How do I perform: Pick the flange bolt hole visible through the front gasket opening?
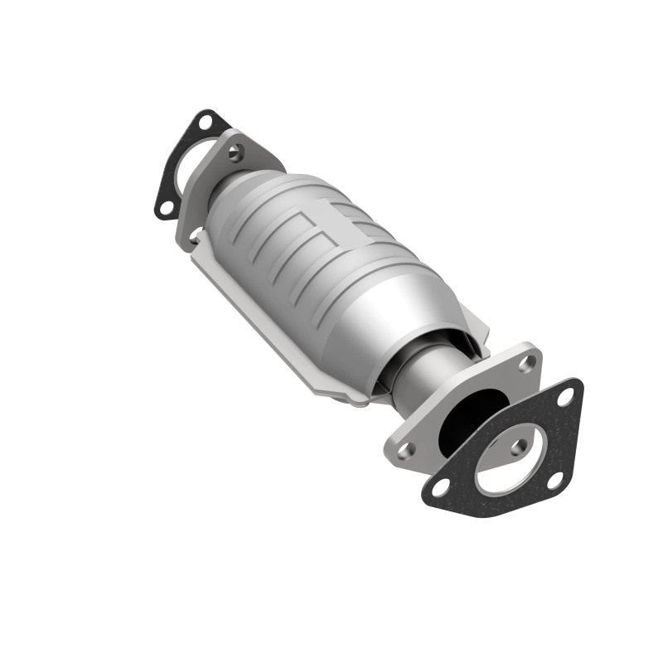tap(518, 448)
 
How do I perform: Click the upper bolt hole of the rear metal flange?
tap(237, 151)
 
